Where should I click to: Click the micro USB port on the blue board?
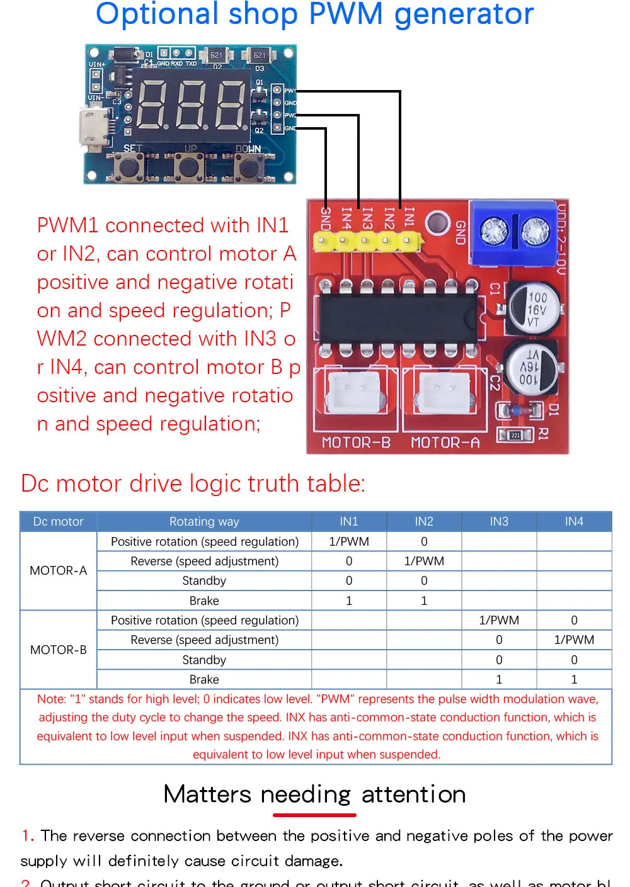[x=93, y=130]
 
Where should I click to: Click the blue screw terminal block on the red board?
[x=514, y=232]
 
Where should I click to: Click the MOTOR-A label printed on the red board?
[x=445, y=443]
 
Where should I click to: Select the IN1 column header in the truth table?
[x=348, y=521]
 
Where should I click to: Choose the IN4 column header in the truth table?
[x=573, y=521]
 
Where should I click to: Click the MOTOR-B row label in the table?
[x=59, y=650]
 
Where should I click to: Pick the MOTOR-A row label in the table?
[x=59, y=570]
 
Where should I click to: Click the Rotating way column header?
[x=204, y=521]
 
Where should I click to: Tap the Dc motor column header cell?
[x=58, y=521]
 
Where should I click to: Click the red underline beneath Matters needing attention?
[x=314, y=815]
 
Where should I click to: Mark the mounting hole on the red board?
[x=436, y=223]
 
